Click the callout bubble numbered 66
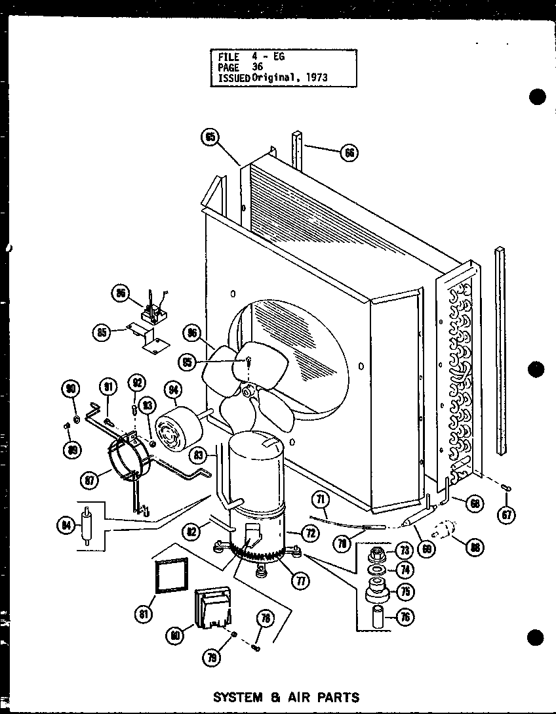[x=349, y=152]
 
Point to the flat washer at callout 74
[x=378, y=570]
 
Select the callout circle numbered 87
[x=88, y=480]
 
